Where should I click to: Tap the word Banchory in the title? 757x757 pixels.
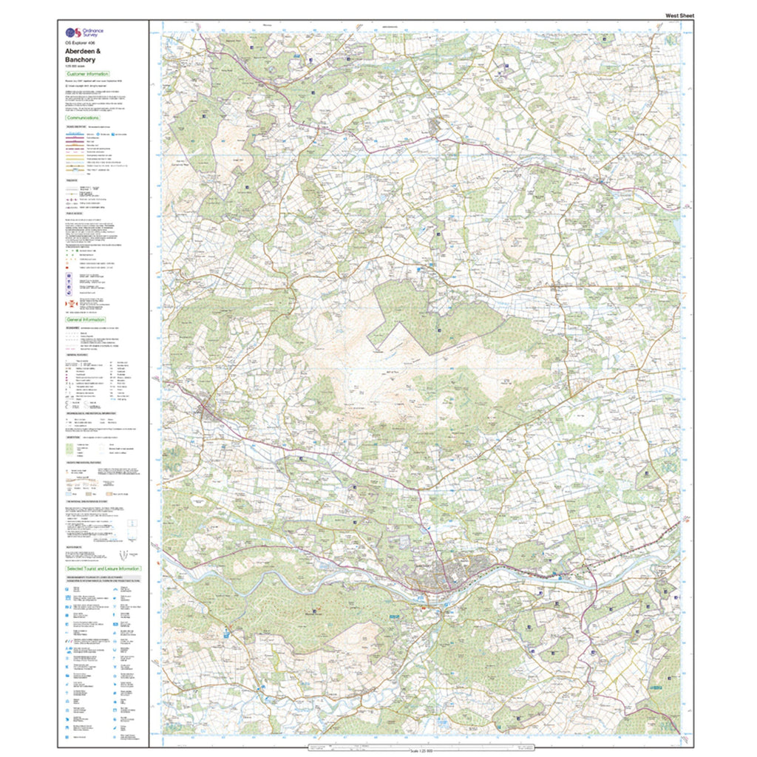(x=81, y=60)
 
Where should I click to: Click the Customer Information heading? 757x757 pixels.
(x=87, y=75)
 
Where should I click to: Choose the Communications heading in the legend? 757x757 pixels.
(x=83, y=118)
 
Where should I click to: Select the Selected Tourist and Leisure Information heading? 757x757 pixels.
(x=103, y=568)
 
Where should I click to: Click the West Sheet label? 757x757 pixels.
(x=679, y=16)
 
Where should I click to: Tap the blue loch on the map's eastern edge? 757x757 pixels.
(x=678, y=227)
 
